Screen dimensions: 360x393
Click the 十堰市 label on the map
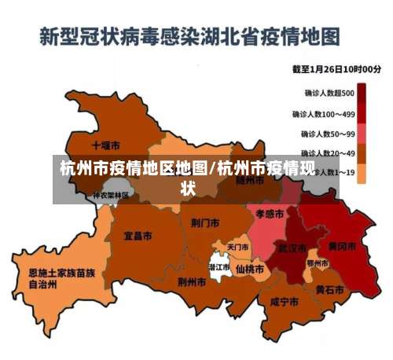[105, 145]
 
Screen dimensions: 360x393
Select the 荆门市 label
[205, 222]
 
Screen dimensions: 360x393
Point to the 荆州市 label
[192, 281]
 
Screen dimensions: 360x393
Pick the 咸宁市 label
[284, 301]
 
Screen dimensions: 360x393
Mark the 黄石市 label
[329, 289]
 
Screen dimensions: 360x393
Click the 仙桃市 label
[250, 269]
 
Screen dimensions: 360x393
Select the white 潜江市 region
[219, 266]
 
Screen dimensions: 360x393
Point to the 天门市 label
[237, 247]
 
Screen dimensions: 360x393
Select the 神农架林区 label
[112, 195]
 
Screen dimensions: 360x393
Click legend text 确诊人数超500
[329, 93]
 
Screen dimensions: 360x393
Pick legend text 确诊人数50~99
[326, 134]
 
